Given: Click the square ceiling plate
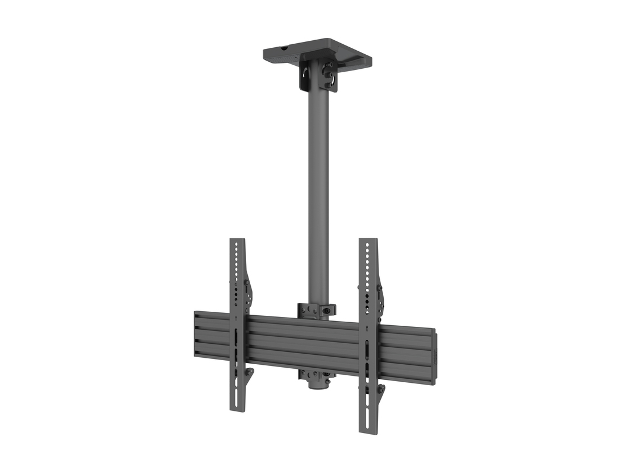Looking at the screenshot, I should [318, 49].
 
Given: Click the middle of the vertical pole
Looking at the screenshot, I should [318, 192].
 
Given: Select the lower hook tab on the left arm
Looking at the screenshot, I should [249, 372].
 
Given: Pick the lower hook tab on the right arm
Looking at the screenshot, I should [380, 389].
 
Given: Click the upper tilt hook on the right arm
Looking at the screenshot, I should [380, 298].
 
